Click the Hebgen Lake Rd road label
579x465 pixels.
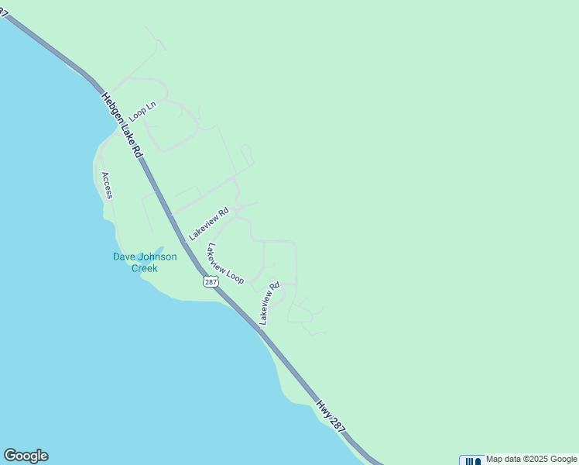(x=122, y=127)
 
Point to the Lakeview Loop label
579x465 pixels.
(x=224, y=263)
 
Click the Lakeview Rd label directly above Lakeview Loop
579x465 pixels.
(x=209, y=223)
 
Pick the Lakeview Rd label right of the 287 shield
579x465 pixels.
(x=269, y=302)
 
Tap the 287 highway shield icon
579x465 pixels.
(x=211, y=281)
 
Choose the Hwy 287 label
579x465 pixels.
(x=330, y=416)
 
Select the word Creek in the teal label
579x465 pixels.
(x=144, y=269)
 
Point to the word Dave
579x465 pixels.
(x=125, y=257)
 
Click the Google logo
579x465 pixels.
(x=26, y=456)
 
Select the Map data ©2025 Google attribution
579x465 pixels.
(x=532, y=460)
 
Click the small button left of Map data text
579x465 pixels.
(x=471, y=460)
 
